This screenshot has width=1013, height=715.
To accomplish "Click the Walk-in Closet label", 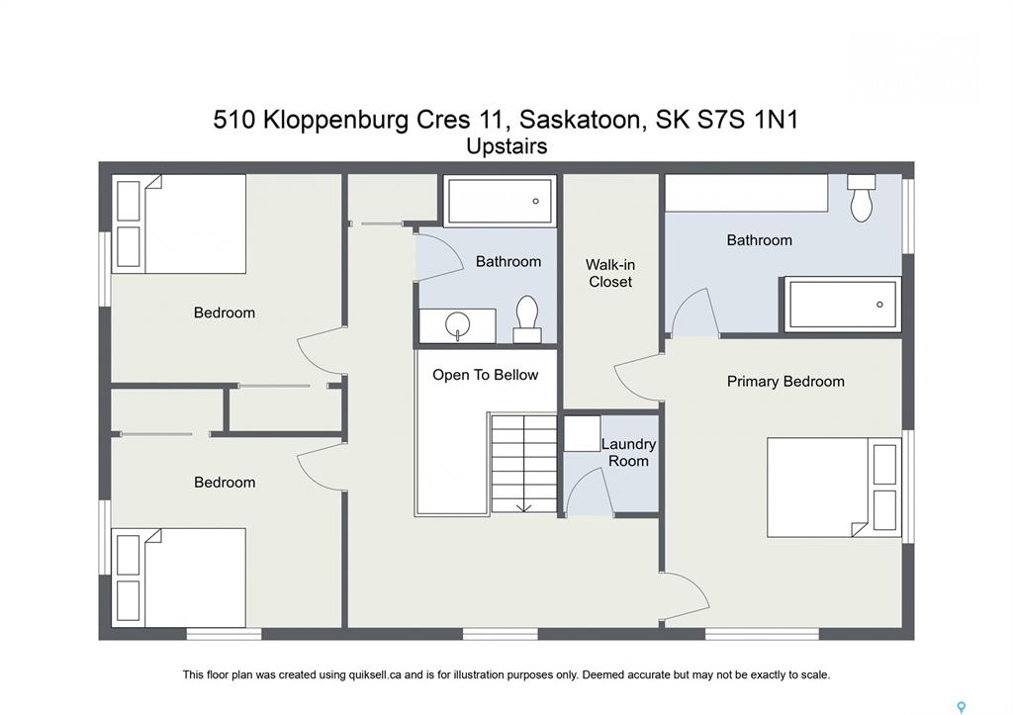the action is point(609,273).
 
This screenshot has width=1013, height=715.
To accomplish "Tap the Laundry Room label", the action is point(628,453).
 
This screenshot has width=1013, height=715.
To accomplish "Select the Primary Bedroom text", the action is point(785,381).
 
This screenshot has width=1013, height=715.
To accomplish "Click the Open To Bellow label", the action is point(485,375).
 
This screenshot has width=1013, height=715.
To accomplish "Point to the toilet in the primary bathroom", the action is point(862,198).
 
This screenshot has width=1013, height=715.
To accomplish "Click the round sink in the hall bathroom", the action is point(457,323).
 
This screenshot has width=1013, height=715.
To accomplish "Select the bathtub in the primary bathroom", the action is point(843,305).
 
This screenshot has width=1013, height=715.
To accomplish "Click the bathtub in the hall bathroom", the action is point(500,201).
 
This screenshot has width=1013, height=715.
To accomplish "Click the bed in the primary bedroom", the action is point(834,488).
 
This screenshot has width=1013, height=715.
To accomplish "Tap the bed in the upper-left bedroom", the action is point(179,223).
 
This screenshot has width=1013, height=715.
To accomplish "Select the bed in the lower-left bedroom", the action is point(179,578).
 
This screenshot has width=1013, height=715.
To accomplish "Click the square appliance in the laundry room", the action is point(582,433).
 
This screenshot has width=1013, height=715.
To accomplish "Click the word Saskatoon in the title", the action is point(580,120).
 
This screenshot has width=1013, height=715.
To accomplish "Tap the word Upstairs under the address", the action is point(507,147).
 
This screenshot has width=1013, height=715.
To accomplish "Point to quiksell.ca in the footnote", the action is point(377,675).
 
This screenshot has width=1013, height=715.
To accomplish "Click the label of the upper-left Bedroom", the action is point(225,313).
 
